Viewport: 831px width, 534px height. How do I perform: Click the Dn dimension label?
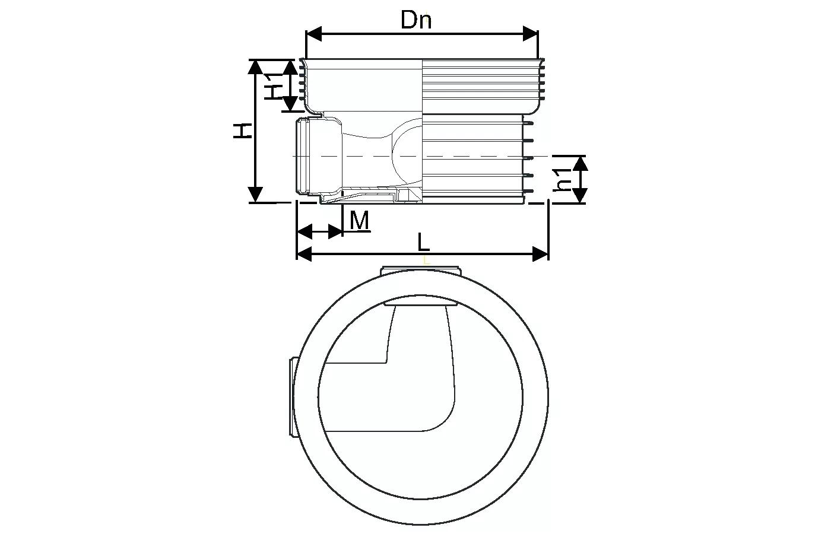416,20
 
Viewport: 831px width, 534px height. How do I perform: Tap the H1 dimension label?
274,86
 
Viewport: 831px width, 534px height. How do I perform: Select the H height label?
243,131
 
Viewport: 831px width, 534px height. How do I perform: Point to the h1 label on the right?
562,179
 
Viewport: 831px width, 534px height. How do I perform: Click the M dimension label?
359,220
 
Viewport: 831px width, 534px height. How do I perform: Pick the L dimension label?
423,242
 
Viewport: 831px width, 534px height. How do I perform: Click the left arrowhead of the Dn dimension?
314,34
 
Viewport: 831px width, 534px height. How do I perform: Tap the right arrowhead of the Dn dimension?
530,34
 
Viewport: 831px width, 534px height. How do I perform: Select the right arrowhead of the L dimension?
540,254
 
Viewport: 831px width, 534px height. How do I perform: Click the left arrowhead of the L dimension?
305,254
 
